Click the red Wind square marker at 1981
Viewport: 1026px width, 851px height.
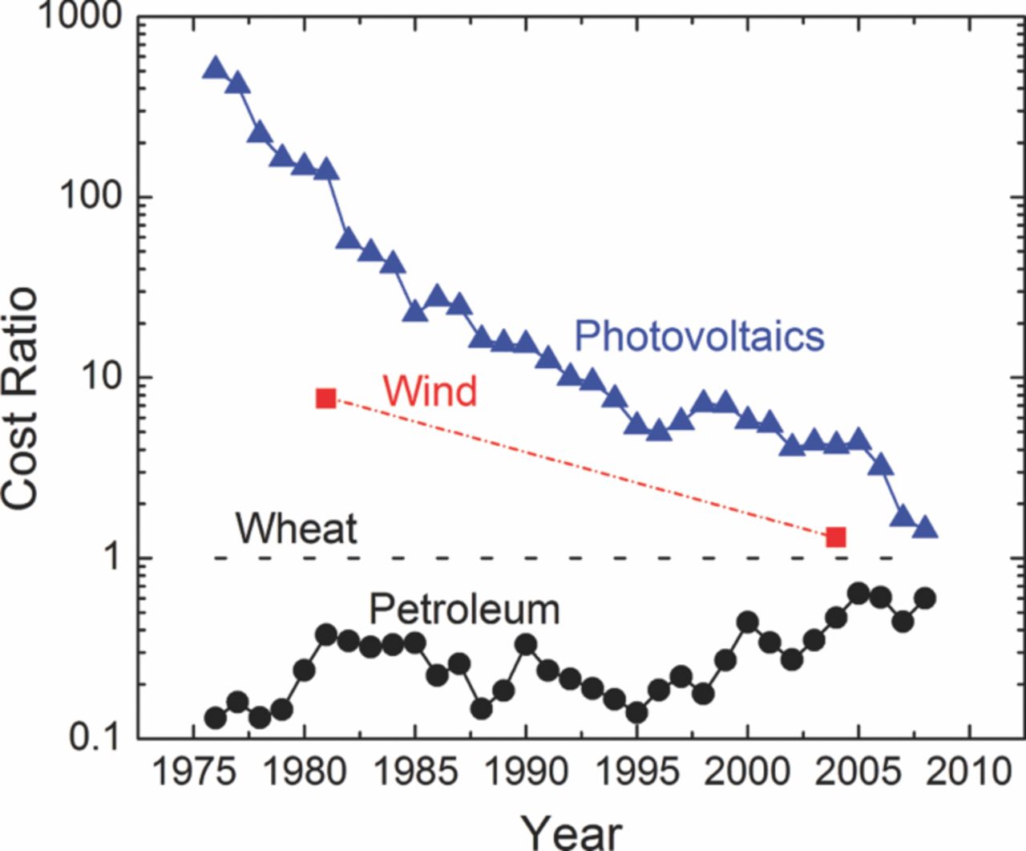coord(326,398)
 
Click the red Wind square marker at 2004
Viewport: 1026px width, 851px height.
coord(836,537)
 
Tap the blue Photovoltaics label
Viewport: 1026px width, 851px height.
coord(699,335)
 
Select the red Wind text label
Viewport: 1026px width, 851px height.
coord(430,391)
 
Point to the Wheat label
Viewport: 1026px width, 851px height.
coord(296,529)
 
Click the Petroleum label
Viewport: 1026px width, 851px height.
coord(464,610)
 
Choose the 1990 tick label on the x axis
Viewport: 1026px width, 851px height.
coord(526,773)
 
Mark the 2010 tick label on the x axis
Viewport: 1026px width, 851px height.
coord(970,773)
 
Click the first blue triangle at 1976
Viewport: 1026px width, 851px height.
coord(216,68)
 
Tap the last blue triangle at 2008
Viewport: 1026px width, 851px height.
coord(925,528)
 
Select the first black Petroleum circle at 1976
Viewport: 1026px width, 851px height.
coord(216,717)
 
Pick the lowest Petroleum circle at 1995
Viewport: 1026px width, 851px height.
coord(637,712)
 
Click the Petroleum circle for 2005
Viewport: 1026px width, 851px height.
coord(858,594)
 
